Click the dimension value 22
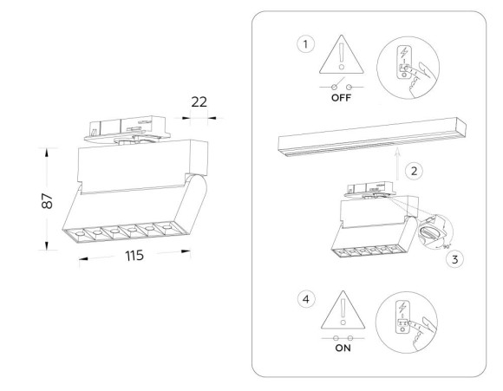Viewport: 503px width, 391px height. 199,101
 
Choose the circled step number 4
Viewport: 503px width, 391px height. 304,299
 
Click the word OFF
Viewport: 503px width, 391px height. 341,99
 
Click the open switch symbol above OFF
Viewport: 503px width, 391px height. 341,87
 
